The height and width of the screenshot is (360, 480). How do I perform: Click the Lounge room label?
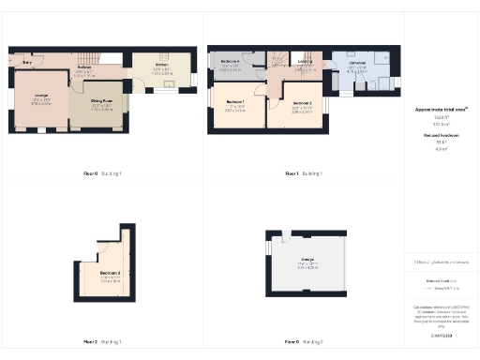(x=41, y=97)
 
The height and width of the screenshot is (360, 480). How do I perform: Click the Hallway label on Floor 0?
(x=83, y=67)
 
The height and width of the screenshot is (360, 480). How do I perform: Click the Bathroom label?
(x=357, y=63)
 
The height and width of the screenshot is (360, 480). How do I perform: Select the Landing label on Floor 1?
(x=306, y=62)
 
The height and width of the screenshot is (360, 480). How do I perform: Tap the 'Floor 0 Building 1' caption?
(x=104, y=173)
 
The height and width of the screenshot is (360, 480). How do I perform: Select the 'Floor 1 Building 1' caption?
(x=304, y=173)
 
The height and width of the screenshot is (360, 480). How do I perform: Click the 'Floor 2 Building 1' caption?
(x=104, y=341)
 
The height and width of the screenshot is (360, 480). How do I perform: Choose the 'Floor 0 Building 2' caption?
(x=304, y=341)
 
